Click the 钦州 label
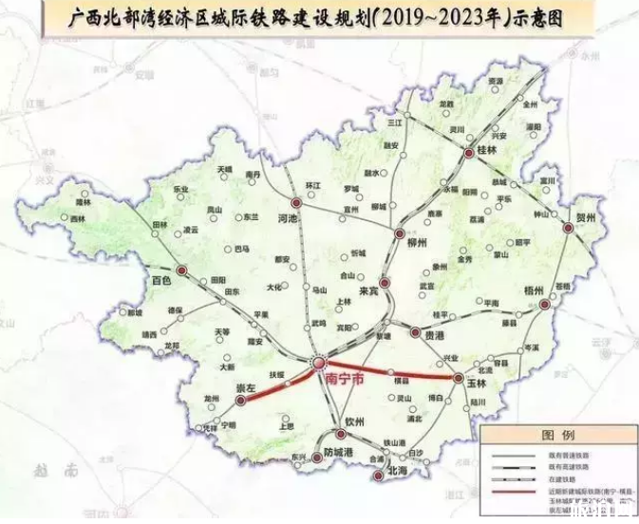tap(356, 421)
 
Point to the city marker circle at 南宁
tap(320, 362)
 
